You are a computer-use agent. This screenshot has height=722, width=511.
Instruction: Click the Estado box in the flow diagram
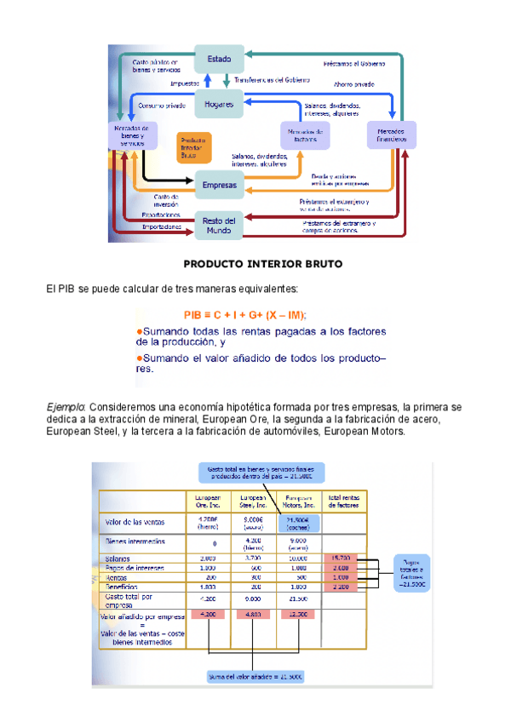click(220, 59)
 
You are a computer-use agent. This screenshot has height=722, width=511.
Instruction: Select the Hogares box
click(220, 106)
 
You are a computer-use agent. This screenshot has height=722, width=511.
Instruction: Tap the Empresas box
click(220, 183)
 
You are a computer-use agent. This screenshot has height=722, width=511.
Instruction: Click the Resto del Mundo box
click(219, 226)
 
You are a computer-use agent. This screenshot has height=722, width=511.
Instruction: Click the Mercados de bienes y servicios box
click(131, 136)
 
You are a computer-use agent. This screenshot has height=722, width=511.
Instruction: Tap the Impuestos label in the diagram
click(185, 84)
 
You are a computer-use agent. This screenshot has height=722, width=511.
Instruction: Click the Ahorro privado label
click(354, 84)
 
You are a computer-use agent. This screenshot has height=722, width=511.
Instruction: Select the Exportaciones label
click(161, 215)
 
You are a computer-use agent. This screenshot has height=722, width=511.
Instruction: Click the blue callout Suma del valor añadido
click(255, 676)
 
